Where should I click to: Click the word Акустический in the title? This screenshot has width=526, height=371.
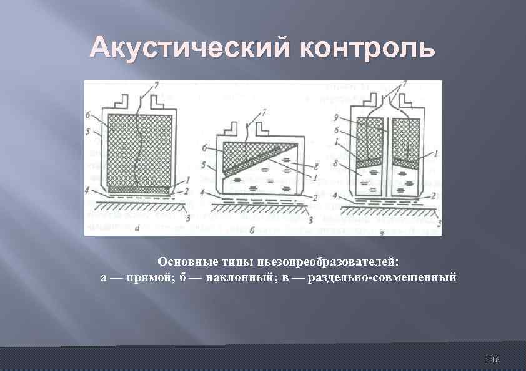click(x=190, y=48)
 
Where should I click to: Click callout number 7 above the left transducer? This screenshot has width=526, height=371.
click(x=157, y=84)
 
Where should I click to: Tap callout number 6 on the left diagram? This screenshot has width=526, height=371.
click(x=89, y=115)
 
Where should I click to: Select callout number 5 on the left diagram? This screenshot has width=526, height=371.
click(x=89, y=132)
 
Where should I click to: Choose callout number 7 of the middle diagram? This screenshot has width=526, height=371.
click(x=264, y=112)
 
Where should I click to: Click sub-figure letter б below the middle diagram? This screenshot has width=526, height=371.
click(x=251, y=230)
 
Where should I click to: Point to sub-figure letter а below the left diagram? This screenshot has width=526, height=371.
click(x=136, y=229)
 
